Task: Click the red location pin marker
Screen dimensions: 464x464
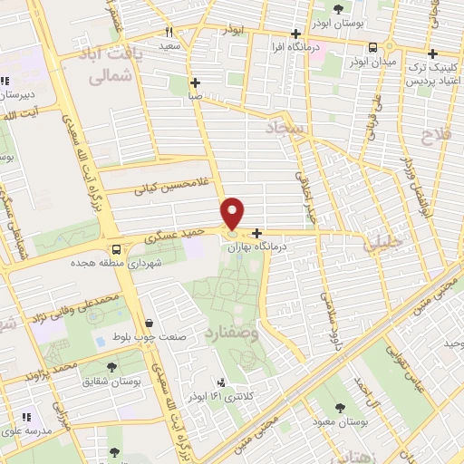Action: [233, 213]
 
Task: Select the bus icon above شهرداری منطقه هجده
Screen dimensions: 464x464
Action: [115, 249]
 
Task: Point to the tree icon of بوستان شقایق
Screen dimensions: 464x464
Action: [111, 366]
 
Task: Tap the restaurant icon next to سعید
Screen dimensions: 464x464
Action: [169, 32]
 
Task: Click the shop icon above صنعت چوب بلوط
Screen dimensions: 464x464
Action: [148, 323]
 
